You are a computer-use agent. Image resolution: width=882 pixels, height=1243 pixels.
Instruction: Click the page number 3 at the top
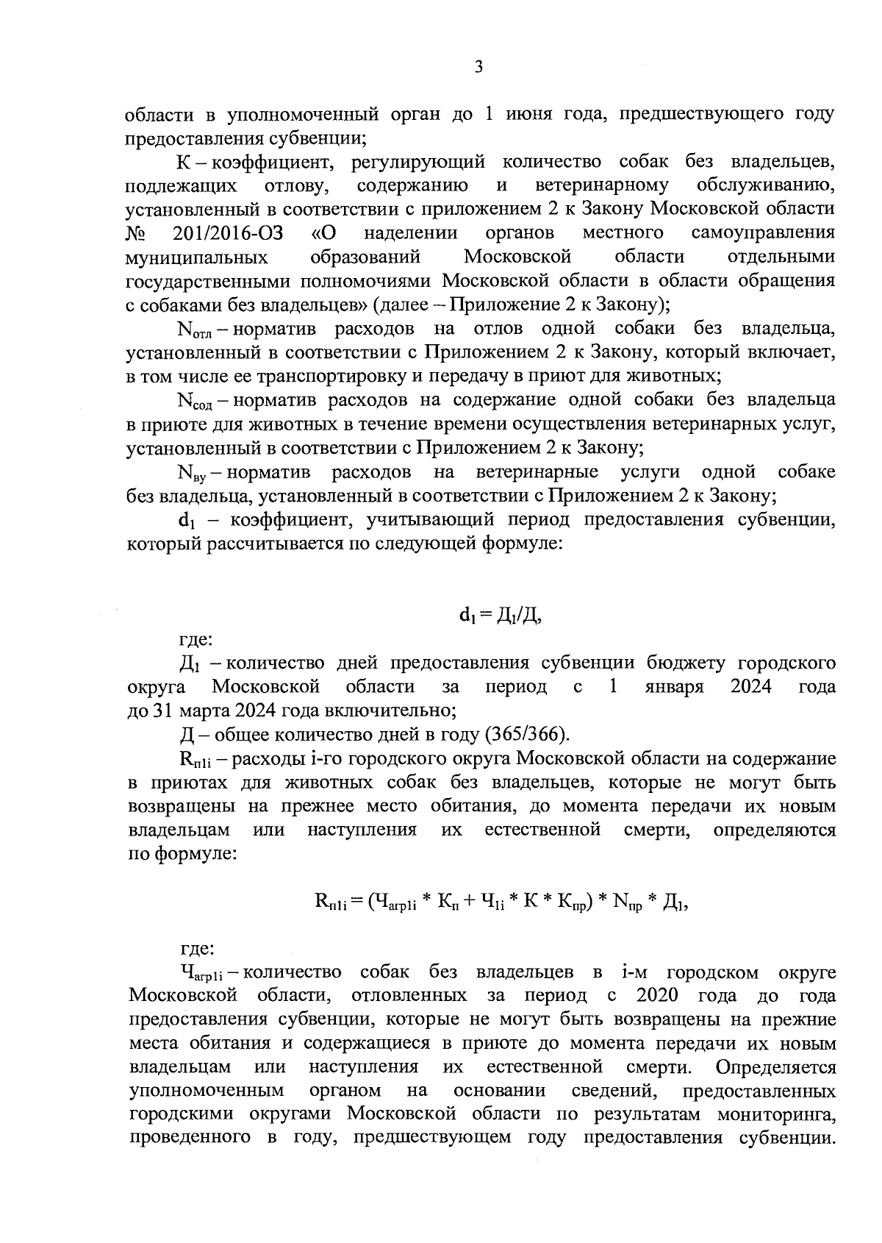478,68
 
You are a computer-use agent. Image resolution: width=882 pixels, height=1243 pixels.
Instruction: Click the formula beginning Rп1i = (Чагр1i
500,901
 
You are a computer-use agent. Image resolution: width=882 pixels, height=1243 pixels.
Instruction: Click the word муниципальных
196,257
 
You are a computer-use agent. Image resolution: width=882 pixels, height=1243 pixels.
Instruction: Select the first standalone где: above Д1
195,640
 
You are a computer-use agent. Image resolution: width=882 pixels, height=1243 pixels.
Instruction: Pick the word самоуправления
764,233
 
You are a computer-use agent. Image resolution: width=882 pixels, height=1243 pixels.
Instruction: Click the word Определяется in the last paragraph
775,1066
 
